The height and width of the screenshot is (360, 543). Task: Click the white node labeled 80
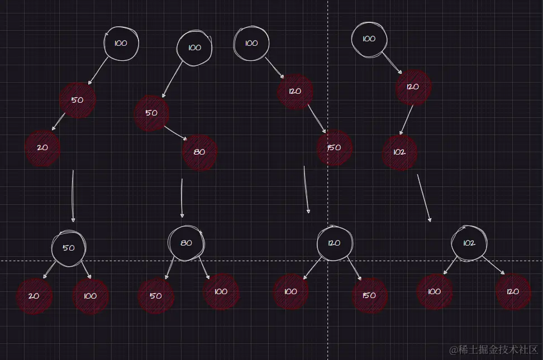point(187,243)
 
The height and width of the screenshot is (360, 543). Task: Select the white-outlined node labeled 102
point(469,243)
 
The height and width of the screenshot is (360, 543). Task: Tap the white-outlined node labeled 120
point(334,243)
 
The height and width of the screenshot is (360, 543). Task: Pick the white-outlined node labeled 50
point(69,248)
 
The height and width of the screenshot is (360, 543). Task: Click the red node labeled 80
point(199,152)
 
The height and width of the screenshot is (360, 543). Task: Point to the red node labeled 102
point(399,152)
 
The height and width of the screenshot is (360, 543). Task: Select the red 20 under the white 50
point(34,296)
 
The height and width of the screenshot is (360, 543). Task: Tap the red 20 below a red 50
point(42,148)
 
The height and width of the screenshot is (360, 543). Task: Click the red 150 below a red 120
point(334,148)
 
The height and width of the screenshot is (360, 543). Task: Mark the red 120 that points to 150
point(295,91)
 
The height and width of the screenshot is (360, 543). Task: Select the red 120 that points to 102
point(413,87)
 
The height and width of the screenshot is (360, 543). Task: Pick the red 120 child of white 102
point(513,291)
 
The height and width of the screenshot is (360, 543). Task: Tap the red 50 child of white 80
point(156,296)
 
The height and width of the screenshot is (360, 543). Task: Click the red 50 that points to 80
point(151,113)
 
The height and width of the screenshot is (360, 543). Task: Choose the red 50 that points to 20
point(78,100)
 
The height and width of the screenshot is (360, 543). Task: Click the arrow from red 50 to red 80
point(176,133)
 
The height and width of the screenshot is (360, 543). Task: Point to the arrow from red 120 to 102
point(406,120)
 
